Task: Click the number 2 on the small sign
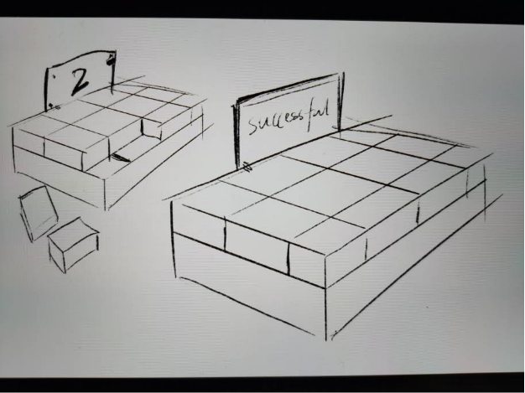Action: click(x=80, y=80)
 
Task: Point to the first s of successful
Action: click(x=252, y=127)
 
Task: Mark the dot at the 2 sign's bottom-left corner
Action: click(x=55, y=106)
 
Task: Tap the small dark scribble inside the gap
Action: click(x=122, y=156)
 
